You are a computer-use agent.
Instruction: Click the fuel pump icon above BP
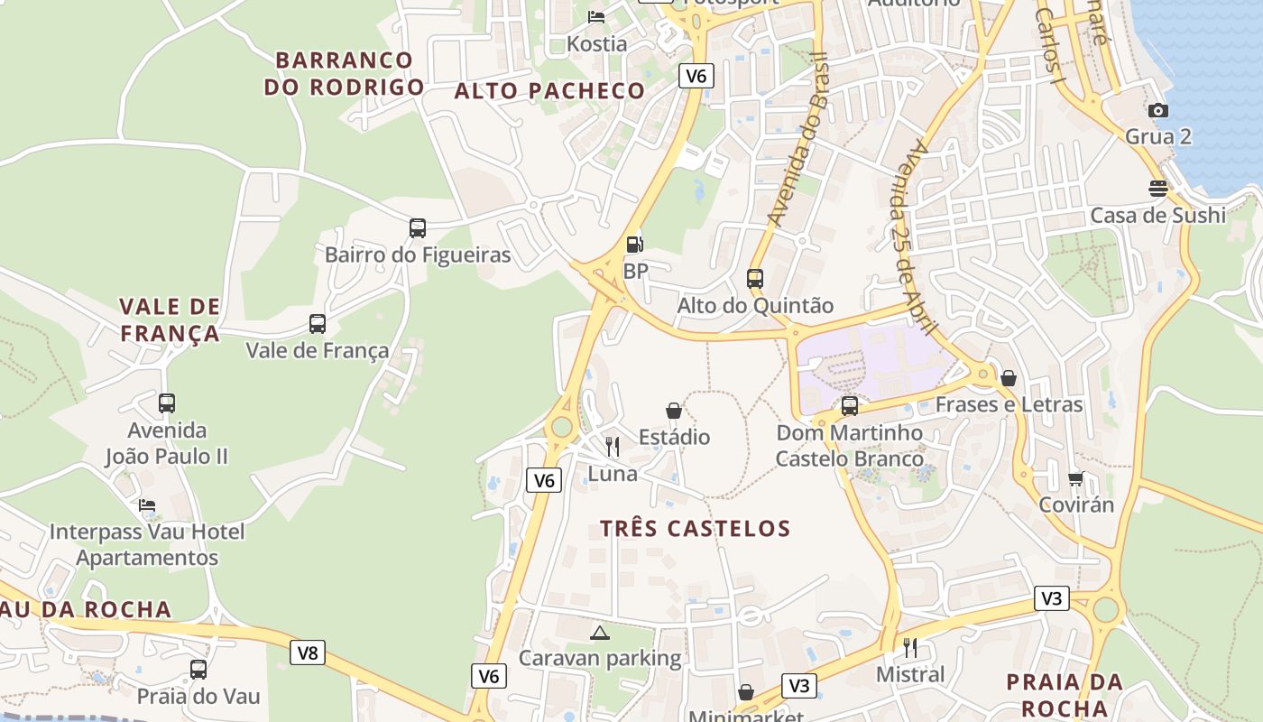point(634,244)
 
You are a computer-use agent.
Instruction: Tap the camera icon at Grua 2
point(1158,110)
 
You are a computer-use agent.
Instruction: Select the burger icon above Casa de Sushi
point(1158,189)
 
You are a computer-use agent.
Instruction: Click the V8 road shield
point(308,652)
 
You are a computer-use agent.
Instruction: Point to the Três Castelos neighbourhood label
point(695,528)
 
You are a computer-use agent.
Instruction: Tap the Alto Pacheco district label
point(549,90)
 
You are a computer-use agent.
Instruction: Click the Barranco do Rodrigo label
point(344,73)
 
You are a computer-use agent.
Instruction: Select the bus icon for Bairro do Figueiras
point(417,228)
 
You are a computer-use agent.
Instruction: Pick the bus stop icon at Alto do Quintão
point(755,279)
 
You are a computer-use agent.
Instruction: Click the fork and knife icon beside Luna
point(613,446)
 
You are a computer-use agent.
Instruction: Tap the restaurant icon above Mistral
point(910,647)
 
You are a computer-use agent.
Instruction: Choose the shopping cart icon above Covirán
point(1075,477)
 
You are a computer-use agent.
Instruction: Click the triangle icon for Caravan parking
point(600,632)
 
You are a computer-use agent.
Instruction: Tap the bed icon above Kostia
point(596,16)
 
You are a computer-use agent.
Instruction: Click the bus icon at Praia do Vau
point(198,670)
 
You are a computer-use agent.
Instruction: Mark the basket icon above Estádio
point(674,411)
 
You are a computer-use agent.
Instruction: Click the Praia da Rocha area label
point(1065,695)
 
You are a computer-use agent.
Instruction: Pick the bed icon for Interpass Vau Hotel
point(147,504)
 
